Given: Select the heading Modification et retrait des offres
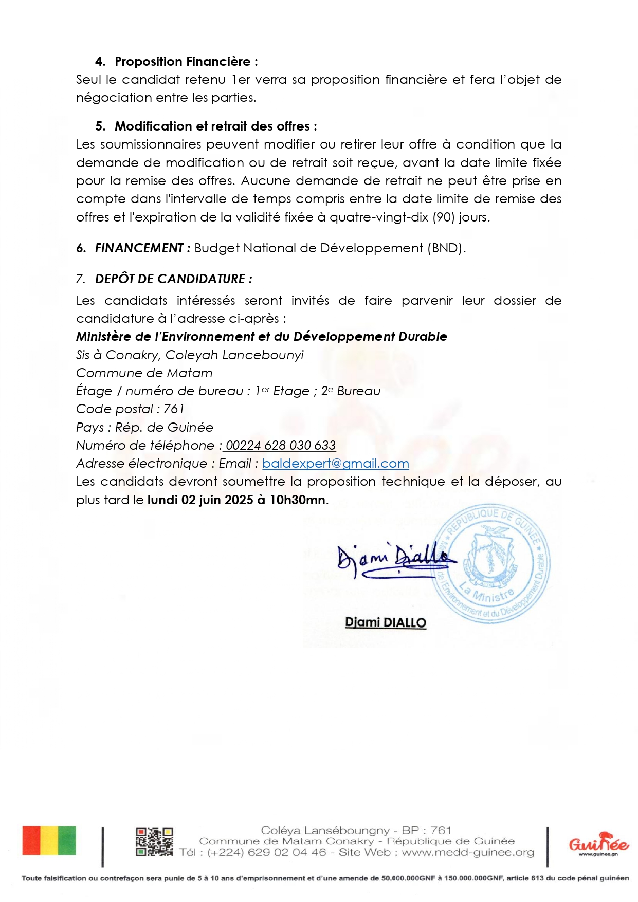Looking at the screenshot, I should coord(215,126).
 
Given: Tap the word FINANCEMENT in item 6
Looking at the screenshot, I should coord(139,248).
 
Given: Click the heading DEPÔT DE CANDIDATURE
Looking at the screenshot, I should coord(173,279).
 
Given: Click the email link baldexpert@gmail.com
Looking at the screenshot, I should coord(335,464).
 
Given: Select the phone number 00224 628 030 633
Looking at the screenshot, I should coord(281,446).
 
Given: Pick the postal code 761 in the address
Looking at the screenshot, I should coord(174,409).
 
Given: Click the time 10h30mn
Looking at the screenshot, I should coord(298,500).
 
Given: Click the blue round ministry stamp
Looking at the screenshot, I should coord(491,564).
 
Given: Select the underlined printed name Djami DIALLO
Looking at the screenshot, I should coord(386,623).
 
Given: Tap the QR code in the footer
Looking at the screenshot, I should coord(154,841).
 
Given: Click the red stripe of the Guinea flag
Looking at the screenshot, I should coord(31,841).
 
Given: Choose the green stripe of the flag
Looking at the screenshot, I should coord(67,841).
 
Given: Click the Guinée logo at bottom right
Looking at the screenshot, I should coord(598,844).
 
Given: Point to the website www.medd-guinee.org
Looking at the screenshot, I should coord(468,853).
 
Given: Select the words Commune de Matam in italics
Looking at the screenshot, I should coord(144,373).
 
